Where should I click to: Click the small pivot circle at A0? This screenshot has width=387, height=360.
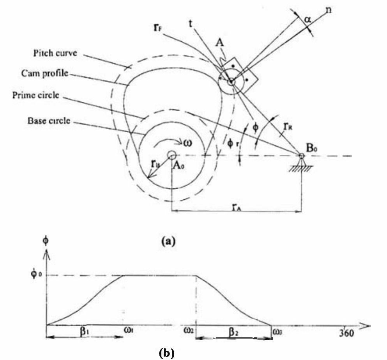point(171,155)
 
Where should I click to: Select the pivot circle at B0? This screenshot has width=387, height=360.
point(301,156)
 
